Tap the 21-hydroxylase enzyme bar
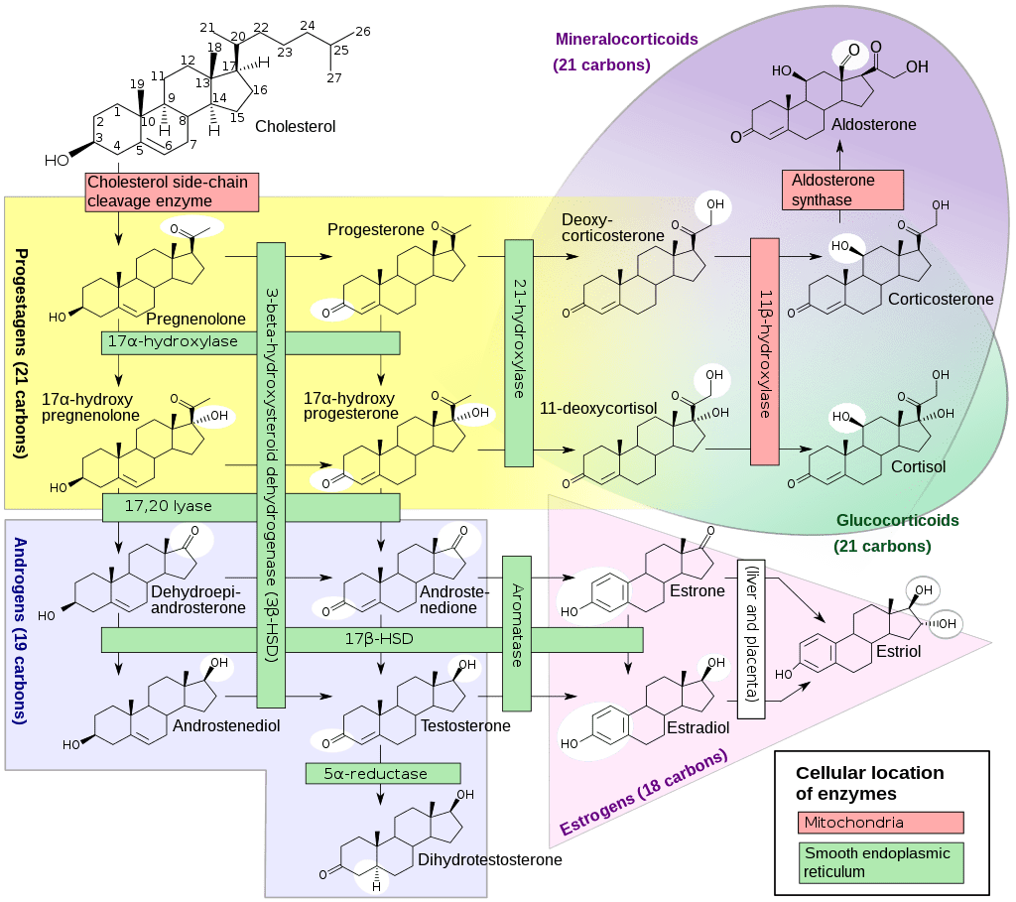point(519,352)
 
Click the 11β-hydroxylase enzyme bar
point(765,351)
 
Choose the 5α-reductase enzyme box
point(383,774)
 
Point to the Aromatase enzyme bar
point(517,633)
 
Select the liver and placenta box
point(751,638)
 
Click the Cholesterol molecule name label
point(296,127)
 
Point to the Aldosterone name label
point(874,125)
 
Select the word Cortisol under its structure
point(918,466)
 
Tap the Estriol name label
point(899,651)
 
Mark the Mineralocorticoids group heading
point(627,41)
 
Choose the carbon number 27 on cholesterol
point(333,78)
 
